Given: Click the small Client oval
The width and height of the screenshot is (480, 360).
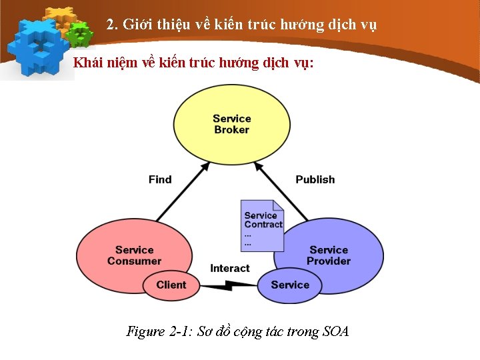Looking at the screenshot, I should (171, 285).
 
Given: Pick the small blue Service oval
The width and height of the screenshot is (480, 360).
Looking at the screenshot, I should (290, 285).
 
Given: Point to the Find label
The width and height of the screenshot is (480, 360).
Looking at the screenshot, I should (160, 179).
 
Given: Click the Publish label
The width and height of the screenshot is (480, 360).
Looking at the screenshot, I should (315, 179).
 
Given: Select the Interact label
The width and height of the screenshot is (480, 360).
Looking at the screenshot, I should (230, 268).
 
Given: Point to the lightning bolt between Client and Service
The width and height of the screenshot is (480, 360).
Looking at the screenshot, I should (229, 285).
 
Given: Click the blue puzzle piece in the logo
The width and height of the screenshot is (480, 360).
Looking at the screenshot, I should (37, 47).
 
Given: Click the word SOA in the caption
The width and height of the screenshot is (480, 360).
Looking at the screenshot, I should (335, 331).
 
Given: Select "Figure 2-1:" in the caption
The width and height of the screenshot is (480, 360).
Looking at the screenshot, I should (159, 331).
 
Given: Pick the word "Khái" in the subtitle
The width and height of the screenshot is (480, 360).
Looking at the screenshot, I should (87, 63).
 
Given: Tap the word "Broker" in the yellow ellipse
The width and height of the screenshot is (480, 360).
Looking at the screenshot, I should (232, 129).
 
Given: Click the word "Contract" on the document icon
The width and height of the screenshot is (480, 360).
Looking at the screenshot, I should (263, 225).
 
